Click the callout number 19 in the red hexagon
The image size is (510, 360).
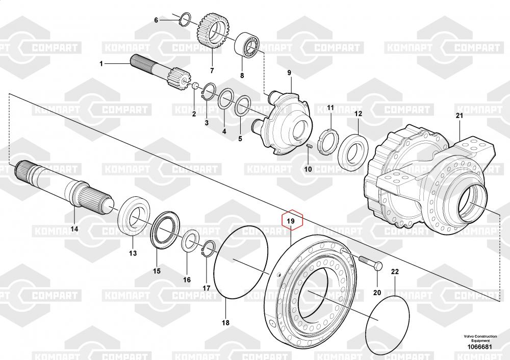click(x=291, y=221)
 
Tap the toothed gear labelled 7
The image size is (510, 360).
click(x=213, y=31)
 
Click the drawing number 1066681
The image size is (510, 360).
click(x=480, y=347)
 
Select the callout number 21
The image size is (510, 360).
click(x=460, y=115)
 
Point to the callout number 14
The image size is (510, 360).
click(x=74, y=229)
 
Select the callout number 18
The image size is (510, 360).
click(x=225, y=323)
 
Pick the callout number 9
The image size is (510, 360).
click(x=290, y=72)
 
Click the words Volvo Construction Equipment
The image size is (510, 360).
click(x=480, y=338)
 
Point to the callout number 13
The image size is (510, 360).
click(x=133, y=253)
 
